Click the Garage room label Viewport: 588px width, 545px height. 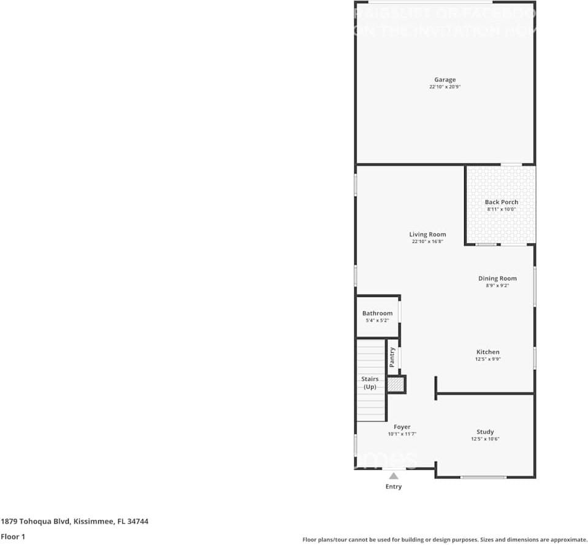pyautogui.click(x=445, y=80)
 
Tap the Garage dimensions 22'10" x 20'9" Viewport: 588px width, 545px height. pyautogui.click(x=445, y=88)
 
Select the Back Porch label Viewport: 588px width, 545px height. pyautogui.click(x=501, y=202)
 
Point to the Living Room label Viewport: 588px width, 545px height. pyautogui.click(x=427, y=235)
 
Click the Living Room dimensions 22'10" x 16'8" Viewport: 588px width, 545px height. pyautogui.click(x=427, y=242)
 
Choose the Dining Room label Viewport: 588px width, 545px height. pyautogui.click(x=497, y=279)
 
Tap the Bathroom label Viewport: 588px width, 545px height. pyautogui.click(x=377, y=314)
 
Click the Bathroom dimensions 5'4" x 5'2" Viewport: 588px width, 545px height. pyautogui.click(x=377, y=321)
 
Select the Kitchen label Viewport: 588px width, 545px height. pyautogui.click(x=487, y=352)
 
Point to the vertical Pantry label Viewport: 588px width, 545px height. pyautogui.click(x=392, y=357)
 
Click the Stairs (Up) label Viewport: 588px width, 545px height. pyautogui.click(x=370, y=383)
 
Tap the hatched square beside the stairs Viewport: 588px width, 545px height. pyautogui.click(x=395, y=385)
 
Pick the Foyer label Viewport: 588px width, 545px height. pyautogui.click(x=402, y=427)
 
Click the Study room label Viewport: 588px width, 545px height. pyautogui.click(x=485, y=432)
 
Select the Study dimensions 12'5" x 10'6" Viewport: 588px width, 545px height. pyautogui.click(x=485, y=439)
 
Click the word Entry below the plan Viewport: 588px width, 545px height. pyautogui.click(x=394, y=487)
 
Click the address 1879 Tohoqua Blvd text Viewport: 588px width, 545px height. pyautogui.click(x=74, y=522)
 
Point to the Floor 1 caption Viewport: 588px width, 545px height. pyautogui.click(x=13, y=536)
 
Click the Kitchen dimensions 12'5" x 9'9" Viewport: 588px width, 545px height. pyautogui.click(x=487, y=359)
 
